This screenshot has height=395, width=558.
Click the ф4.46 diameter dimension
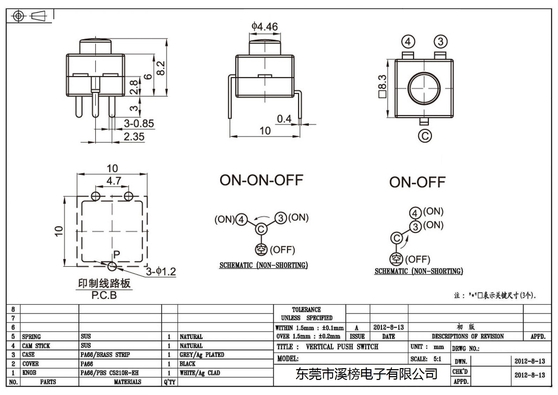(265, 27)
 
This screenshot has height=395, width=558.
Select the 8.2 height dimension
(161, 68)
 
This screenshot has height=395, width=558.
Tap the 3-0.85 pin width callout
(139, 123)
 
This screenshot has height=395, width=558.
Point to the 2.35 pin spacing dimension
(134, 137)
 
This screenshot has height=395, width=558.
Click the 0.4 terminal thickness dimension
(284, 119)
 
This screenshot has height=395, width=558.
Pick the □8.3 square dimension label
(382, 86)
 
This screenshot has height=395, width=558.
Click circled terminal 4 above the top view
(408, 42)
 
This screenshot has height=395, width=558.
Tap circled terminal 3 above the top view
(441, 42)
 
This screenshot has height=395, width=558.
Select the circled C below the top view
(425, 136)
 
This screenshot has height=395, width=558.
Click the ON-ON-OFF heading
(261, 180)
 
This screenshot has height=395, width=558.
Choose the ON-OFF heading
(417, 182)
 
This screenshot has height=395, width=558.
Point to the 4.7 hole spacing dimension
(114, 181)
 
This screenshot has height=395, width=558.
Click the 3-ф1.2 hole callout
(161, 271)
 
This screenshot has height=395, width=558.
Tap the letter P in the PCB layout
(116, 254)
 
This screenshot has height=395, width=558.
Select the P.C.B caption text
(104, 295)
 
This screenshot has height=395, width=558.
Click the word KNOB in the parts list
(29, 373)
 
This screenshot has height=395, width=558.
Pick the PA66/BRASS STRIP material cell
(105, 354)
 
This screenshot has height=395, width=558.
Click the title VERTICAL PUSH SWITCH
(342, 346)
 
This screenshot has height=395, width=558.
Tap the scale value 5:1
(437, 359)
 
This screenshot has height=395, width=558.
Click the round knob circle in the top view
(424, 73)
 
